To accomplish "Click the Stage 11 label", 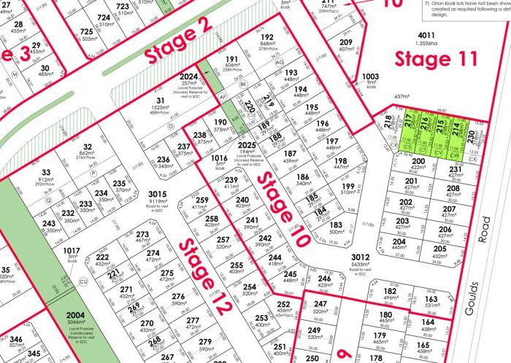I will tap(437, 59).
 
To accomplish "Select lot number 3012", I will tap(361, 257).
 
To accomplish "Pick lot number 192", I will tap(266, 36).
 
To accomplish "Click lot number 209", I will tap(346, 43).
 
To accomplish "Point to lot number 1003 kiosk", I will tap(371, 76).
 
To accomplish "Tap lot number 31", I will tap(160, 101).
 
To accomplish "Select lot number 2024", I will tap(188, 77).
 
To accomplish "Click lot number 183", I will tap(336, 226).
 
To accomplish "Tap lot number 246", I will tap(325, 278).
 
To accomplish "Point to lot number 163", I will tap(431, 299).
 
